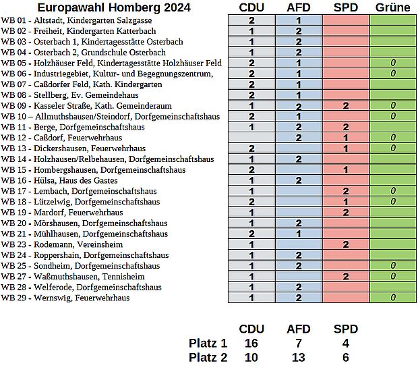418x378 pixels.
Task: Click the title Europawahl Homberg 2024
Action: tap(114, 7)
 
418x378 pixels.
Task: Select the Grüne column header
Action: tap(392, 7)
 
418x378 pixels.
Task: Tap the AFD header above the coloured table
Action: tap(299, 7)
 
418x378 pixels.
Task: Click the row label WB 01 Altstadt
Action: tap(76, 20)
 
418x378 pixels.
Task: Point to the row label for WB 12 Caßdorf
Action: tap(61, 138)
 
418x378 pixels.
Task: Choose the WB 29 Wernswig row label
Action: tap(65, 298)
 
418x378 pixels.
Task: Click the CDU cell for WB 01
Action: tap(251, 20)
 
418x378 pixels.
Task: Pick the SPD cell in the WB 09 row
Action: tap(346, 106)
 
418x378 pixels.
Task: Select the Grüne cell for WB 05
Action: tap(393, 63)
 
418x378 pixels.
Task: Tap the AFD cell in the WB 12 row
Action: tap(299, 138)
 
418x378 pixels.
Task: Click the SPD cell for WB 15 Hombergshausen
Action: tap(346, 170)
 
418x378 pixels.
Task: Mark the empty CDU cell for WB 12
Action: tap(251, 138)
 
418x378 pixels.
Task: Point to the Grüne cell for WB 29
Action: tap(393, 298)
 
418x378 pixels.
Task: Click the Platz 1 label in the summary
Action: tap(208, 344)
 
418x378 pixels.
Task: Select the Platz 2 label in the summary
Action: tap(208, 358)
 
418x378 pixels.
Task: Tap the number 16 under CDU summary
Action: tap(251, 344)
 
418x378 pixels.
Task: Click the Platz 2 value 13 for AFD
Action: tap(298, 358)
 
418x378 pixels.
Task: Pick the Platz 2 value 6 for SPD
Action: tap(346, 358)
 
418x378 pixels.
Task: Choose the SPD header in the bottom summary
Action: tap(346, 329)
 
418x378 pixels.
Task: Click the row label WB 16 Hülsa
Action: tap(59, 180)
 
